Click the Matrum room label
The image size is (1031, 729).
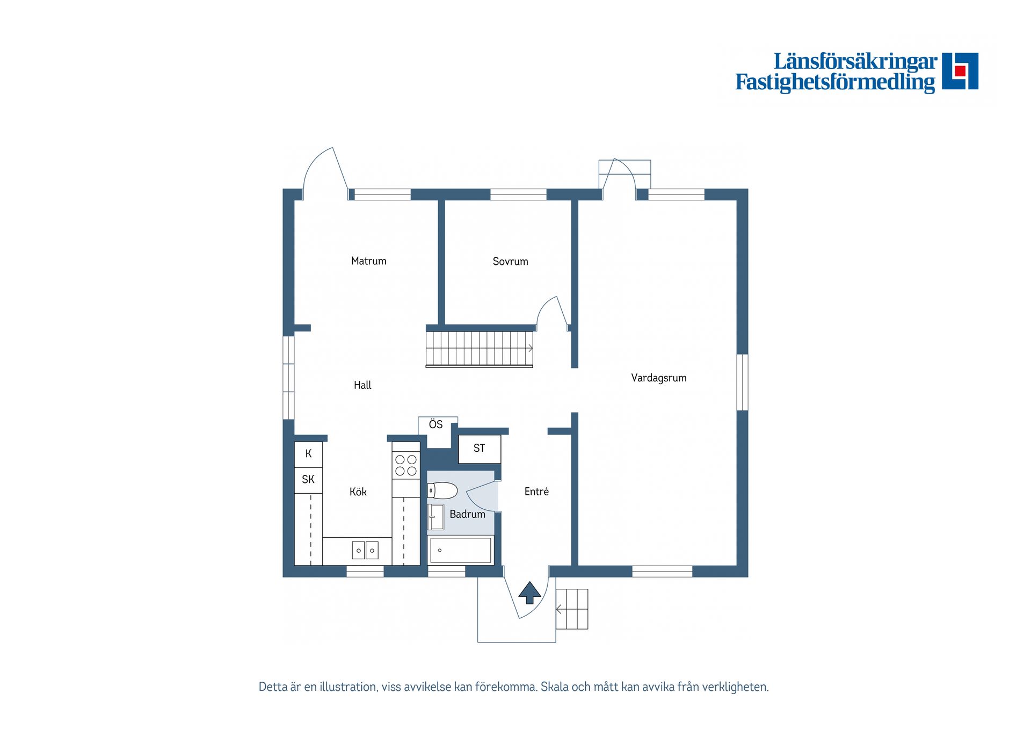pos(368,261)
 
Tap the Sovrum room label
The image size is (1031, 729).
pos(510,262)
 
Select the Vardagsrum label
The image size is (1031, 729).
pos(658,378)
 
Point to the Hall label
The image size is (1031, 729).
pos(362,385)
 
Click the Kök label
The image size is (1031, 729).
pos(358,492)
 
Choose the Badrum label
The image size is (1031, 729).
pos(467,514)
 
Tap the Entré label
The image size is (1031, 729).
pos(536,492)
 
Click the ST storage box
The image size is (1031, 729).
pos(479,449)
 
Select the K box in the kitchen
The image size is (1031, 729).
pos(308,454)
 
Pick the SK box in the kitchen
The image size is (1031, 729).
pos(308,480)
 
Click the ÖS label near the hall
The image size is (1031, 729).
pos(435,424)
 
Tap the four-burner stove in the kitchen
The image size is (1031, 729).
pos(406,465)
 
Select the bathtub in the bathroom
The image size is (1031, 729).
pos(461,550)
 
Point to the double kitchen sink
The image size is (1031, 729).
pos(365,550)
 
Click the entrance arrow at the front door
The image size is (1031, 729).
pos(529,593)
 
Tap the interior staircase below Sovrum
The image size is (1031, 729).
pos(479,349)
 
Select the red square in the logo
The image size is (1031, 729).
pos(960,71)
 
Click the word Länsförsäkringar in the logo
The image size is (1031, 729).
pos(855,62)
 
